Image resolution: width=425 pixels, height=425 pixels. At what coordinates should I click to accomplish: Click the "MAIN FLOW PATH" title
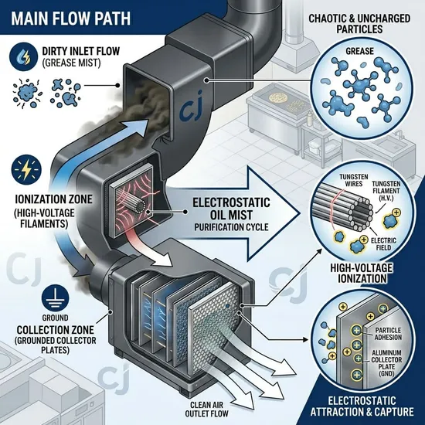click(71, 19)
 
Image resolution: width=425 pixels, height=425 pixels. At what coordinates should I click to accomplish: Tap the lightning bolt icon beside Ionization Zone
click(26, 170)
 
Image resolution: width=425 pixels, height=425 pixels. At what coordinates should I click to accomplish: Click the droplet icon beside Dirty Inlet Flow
click(23, 57)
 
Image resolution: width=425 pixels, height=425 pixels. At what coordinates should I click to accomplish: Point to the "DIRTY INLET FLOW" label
click(81, 51)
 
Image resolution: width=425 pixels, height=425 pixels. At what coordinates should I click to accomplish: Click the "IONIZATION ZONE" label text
click(53, 199)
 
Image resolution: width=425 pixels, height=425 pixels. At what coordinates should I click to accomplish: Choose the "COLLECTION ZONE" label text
click(56, 330)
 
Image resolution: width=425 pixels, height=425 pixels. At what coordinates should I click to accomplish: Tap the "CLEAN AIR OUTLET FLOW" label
click(206, 410)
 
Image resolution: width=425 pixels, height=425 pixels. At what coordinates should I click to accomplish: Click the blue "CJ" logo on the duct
click(191, 110)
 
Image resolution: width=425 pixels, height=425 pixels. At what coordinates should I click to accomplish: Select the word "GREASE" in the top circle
click(359, 51)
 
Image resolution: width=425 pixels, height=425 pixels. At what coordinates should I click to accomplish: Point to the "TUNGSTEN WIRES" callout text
click(354, 180)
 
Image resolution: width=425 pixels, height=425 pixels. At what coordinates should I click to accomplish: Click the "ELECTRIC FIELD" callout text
click(379, 244)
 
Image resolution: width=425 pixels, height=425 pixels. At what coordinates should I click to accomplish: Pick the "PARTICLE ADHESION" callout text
click(388, 334)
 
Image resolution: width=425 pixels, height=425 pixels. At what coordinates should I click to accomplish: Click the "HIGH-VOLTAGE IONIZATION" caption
click(362, 273)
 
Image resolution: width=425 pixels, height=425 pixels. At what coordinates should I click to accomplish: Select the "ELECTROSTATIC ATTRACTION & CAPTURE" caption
click(362, 406)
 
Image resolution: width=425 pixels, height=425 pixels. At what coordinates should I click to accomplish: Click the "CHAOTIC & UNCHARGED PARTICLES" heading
click(359, 24)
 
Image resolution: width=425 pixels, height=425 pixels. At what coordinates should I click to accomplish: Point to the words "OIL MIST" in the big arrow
click(232, 215)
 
